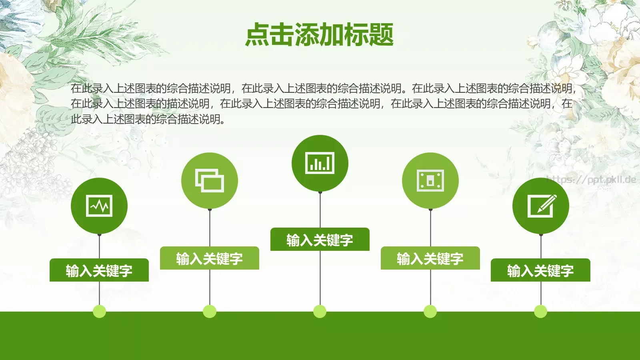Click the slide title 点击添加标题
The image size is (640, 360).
[320, 34]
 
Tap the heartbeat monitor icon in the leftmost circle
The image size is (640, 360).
[99, 206]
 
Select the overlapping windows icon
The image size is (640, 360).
[210, 180]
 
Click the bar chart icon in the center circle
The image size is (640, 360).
[320, 163]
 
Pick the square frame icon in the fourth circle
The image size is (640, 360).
[430, 180]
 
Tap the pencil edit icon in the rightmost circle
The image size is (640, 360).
[541, 206]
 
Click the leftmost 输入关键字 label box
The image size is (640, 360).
[99, 270]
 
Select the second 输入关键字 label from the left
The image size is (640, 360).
[210, 258]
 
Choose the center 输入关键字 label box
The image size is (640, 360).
[320, 240]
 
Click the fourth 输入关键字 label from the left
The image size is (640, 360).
[430, 258]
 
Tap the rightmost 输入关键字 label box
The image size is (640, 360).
[540, 270]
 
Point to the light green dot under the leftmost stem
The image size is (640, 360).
[99, 311]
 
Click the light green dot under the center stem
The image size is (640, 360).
[320, 311]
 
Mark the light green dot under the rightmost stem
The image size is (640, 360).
[540, 311]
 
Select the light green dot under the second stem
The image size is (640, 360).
[210, 311]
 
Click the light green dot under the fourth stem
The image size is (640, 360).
[430, 311]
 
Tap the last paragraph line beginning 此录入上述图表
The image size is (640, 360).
[148, 119]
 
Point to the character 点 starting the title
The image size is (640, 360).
[257, 34]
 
